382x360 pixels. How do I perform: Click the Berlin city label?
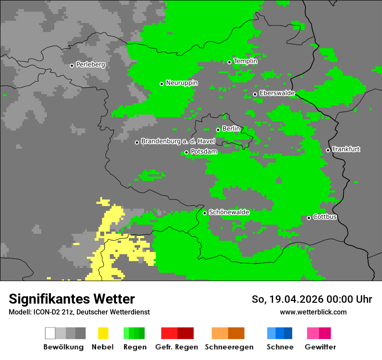coord(231,129)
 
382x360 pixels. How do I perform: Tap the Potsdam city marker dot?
coord(186,152)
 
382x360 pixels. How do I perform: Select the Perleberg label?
coord(90,65)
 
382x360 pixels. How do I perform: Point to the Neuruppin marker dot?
coord(161,84)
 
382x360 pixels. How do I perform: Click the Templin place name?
coord(245,61)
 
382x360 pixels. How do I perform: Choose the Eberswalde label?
coord(277,93)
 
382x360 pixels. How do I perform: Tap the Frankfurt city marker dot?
coord(328,151)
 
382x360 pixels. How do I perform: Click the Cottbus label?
coord(325,217)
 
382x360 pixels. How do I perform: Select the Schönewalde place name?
coord(229,212)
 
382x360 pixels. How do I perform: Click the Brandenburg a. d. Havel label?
coord(178,141)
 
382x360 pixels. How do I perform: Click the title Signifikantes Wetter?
coord(72,299)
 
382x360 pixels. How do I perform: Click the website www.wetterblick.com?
coord(313,312)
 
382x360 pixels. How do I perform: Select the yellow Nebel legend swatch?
coord(103,333)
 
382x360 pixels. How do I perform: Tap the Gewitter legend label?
coord(320,347)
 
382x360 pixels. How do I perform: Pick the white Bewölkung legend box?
coord(50,333)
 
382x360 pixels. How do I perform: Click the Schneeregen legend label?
coord(229,347)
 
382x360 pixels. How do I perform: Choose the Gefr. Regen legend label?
coord(176,347)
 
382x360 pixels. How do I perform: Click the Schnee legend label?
coord(280,347)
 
